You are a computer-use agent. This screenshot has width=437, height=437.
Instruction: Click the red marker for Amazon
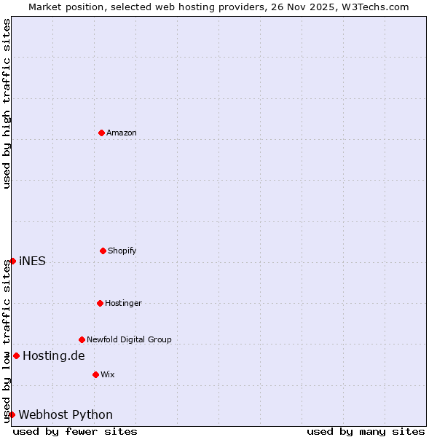(x=101, y=133)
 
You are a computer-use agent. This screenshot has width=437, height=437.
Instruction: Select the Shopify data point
(x=103, y=251)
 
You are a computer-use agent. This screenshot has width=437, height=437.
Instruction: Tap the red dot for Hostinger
(x=100, y=303)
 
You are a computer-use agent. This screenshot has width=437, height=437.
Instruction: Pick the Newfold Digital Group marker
(x=82, y=339)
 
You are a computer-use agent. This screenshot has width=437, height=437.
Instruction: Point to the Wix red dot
(x=95, y=374)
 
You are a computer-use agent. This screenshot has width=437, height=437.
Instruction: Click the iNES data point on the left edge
(x=12, y=261)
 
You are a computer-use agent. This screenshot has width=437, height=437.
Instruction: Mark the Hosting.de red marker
(x=16, y=355)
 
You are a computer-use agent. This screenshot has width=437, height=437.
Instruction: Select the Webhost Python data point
(x=12, y=414)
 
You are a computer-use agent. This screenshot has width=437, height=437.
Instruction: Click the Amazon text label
(x=122, y=133)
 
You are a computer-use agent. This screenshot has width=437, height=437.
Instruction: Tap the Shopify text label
(x=122, y=251)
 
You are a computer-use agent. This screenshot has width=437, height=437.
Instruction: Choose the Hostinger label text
(x=124, y=303)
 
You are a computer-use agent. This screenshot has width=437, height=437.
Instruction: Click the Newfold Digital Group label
(x=130, y=339)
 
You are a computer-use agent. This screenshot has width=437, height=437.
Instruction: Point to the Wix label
(x=108, y=374)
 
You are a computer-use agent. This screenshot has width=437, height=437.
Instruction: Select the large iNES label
(x=32, y=261)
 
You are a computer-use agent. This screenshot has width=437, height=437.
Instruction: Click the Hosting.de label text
(x=54, y=356)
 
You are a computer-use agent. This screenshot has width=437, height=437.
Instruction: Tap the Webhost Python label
(x=66, y=415)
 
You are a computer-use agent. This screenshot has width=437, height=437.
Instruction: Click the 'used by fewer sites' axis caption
(x=75, y=431)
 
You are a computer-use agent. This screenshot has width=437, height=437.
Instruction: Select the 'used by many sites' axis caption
(x=366, y=431)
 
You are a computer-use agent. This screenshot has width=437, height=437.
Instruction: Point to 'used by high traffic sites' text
(x=7, y=103)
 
